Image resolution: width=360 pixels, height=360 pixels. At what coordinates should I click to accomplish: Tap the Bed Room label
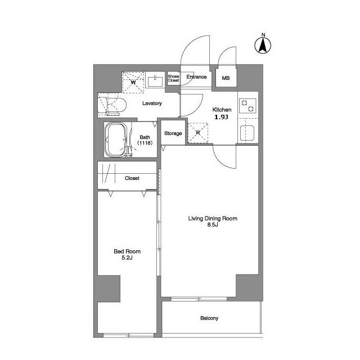pos(127,251)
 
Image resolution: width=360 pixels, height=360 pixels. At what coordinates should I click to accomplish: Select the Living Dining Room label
pos(213,218)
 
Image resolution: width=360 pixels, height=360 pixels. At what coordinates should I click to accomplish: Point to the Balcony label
pos(209,318)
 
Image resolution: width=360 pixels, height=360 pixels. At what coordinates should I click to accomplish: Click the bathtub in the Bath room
pos(116,139)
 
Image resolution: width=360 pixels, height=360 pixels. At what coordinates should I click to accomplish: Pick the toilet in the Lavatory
pos(112,106)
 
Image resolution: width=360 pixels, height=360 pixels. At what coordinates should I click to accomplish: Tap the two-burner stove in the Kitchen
pos(247,106)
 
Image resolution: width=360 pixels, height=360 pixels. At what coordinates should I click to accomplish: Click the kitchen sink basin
pos(247,133)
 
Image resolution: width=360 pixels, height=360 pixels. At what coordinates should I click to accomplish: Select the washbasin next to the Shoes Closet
pos(155,81)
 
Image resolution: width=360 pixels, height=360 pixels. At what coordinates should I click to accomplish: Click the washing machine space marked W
pos(133,82)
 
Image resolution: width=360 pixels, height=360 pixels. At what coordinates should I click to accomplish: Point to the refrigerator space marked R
pos(198,133)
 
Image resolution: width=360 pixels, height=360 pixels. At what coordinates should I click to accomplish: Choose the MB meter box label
pos(226,78)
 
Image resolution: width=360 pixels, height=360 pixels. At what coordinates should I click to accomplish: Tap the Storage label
pos(173,133)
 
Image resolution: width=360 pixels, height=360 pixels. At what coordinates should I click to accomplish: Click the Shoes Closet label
pos(173,78)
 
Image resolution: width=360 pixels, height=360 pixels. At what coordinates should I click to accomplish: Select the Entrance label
pos(196,77)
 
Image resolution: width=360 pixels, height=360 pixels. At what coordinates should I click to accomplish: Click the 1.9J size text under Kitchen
pos(221,117)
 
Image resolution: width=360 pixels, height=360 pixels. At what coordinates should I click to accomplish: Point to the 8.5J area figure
pos(213,225)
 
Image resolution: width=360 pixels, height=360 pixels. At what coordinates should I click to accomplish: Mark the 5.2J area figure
pos(127,258)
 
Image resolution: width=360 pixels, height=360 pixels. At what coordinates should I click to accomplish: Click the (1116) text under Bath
pos(145,143)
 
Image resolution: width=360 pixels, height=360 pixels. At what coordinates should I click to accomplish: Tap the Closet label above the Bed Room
pos(132,178)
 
